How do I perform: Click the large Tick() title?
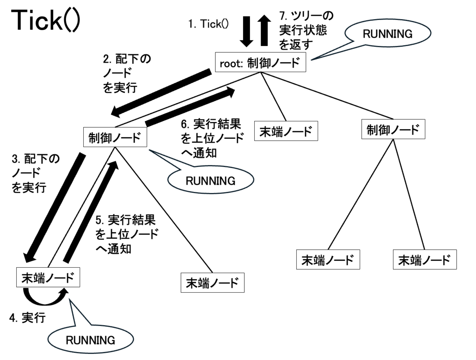(x=46, y=21)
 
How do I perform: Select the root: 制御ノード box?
(x=261, y=62)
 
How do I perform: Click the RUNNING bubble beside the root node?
(x=388, y=33)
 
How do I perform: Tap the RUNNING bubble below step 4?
(x=91, y=340)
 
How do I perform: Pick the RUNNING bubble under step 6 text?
(x=211, y=180)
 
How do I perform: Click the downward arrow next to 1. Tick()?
(x=246, y=31)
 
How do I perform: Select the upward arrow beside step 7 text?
(x=264, y=31)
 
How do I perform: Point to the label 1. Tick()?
(x=208, y=24)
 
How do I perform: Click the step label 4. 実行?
(x=27, y=318)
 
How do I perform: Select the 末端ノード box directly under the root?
(x=286, y=131)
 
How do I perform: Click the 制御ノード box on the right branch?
(x=393, y=129)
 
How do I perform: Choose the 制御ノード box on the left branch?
(x=115, y=137)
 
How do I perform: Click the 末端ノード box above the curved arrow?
(x=48, y=277)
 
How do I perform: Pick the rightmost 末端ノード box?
(x=425, y=259)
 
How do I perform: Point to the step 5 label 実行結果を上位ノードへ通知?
(x=127, y=234)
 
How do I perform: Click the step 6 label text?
(x=213, y=138)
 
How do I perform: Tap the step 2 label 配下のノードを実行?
(x=127, y=73)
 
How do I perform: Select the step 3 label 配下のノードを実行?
(x=36, y=173)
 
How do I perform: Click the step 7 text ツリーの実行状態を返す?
(x=306, y=31)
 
